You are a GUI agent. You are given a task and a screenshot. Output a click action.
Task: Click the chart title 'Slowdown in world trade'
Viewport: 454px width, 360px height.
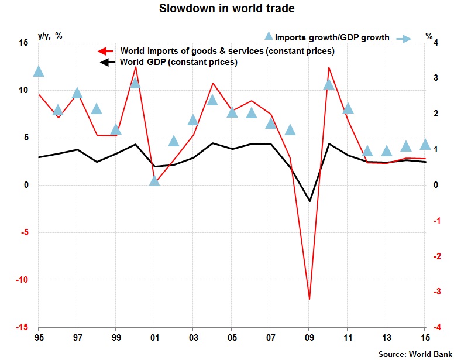227,9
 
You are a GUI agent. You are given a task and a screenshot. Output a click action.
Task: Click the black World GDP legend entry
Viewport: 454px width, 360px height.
178,61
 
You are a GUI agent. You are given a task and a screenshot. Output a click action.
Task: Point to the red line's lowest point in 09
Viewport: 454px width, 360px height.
309,299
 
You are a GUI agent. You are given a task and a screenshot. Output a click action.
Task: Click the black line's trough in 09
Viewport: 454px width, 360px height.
309,201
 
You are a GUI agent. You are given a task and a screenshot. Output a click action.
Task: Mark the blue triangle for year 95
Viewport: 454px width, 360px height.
39,71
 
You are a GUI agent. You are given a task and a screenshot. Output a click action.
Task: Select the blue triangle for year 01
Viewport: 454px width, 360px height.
154,181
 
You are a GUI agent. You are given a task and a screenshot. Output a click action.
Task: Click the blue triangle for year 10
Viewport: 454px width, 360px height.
329,84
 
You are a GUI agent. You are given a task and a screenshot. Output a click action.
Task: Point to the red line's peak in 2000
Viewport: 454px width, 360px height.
136,67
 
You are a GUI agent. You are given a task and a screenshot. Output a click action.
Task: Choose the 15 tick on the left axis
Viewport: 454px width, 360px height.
23,43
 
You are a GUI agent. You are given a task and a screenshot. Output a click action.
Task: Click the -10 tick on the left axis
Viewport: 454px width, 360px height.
22,280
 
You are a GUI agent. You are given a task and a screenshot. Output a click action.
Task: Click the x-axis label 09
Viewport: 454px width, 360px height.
309,338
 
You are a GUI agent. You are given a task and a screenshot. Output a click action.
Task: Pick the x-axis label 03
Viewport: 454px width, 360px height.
194,338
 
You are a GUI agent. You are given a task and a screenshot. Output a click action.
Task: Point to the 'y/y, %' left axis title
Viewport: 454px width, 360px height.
50,36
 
